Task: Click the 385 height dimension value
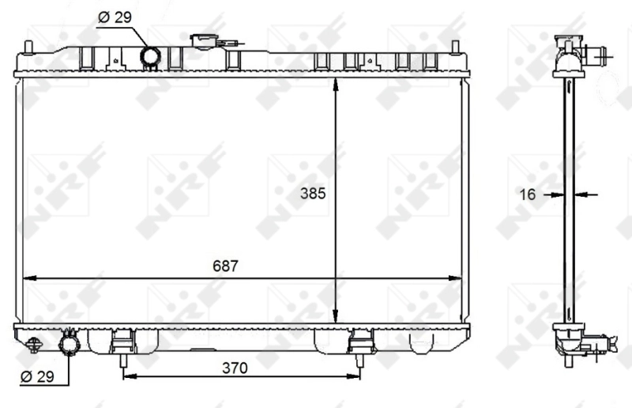pos(313,192)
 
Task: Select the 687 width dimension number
pos(225,266)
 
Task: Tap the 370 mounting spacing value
pos(235,368)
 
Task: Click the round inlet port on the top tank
pos(149,57)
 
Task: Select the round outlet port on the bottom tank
pos(70,346)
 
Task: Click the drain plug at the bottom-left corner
pos(33,344)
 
